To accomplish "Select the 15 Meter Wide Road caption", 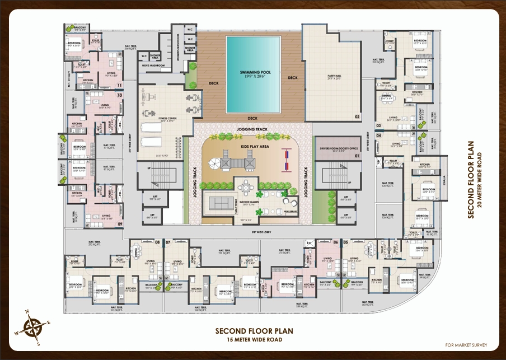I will [x=254, y=340].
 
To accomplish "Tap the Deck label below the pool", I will [x=252, y=118].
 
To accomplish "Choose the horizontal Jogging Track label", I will [x=252, y=129].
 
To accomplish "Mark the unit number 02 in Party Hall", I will [x=356, y=116].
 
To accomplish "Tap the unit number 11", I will [x=120, y=86].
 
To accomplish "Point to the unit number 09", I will [x=120, y=225].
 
